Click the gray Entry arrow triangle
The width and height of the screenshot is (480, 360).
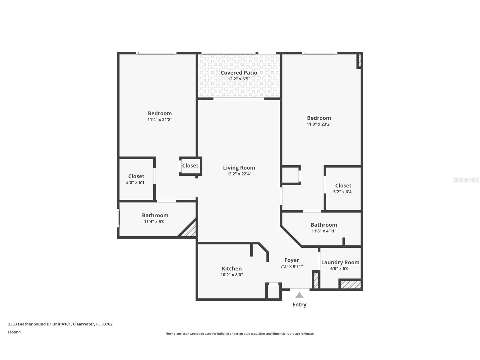(x=299, y=295)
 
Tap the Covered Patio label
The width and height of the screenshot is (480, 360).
(x=239, y=73)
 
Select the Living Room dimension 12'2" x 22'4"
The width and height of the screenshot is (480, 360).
(x=239, y=174)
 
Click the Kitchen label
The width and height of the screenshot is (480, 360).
(x=232, y=269)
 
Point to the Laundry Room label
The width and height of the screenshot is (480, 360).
(x=340, y=262)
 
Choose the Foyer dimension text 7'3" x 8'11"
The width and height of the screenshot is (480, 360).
(x=291, y=266)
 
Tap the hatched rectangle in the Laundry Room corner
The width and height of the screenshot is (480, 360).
(x=350, y=284)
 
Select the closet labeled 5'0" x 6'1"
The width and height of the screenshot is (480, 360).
(x=136, y=179)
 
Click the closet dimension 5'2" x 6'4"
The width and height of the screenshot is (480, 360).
(x=343, y=192)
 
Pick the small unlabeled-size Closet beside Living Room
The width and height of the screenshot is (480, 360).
(x=190, y=166)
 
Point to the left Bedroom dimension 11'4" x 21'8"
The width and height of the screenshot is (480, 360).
(x=160, y=120)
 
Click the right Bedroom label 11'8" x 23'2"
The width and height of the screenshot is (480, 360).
(x=319, y=118)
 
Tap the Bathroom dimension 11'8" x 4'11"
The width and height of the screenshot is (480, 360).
(x=324, y=231)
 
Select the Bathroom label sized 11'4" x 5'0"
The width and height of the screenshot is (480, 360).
(x=155, y=215)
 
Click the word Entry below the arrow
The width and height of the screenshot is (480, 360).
(x=299, y=305)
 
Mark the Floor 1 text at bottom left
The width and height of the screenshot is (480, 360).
(x=14, y=332)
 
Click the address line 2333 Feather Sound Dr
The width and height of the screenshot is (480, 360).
(x=60, y=324)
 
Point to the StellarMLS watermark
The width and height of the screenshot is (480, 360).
(x=466, y=180)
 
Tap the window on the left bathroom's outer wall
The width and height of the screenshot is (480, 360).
(x=118, y=218)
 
